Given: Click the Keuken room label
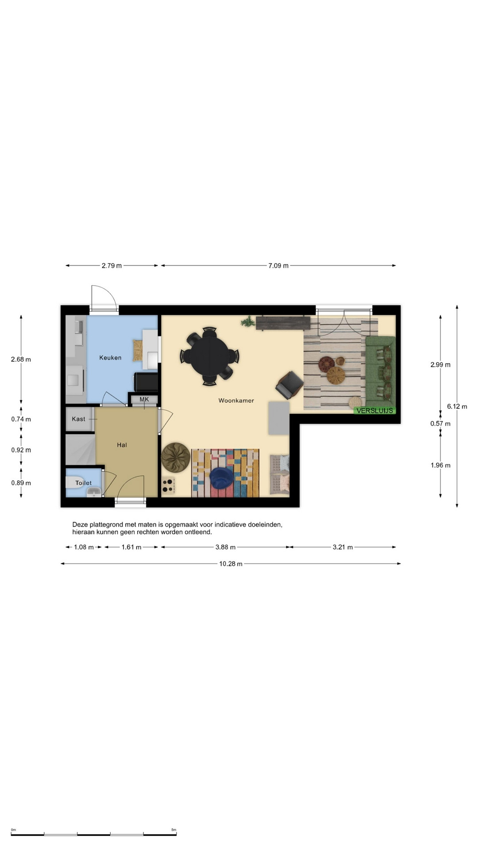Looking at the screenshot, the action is (110, 358).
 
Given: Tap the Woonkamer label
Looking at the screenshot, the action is (236, 401).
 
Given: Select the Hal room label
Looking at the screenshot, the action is (122, 445).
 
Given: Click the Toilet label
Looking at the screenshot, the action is (83, 483).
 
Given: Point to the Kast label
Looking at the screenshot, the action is (78, 419).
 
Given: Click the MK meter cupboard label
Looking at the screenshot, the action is (144, 399).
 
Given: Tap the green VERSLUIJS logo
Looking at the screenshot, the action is (374, 411).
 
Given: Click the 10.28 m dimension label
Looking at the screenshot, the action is (231, 564).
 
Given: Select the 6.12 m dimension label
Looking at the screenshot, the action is (457, 406).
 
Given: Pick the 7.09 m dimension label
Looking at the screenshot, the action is (278, 266).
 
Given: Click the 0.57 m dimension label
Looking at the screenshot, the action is (440, 424).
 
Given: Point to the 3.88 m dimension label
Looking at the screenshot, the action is (225, 547).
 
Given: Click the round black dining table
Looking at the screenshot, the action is (210, 356).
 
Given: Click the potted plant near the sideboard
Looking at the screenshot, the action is (248, 321).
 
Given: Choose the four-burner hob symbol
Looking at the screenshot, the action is (168, 485).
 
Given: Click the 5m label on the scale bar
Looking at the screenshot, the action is (173, 830).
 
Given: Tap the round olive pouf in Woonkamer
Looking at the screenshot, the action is (176, 457).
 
